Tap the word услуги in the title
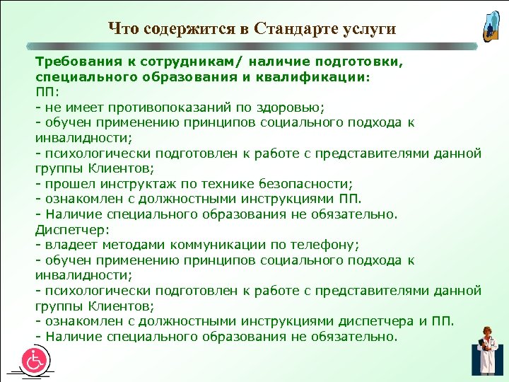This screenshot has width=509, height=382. click(368, 28)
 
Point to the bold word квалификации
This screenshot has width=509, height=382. click(318, 76)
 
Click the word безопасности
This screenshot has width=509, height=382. click(310, 184)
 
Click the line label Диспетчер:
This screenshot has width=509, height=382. click(68, 229)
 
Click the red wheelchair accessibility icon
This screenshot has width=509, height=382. click(33, 359)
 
